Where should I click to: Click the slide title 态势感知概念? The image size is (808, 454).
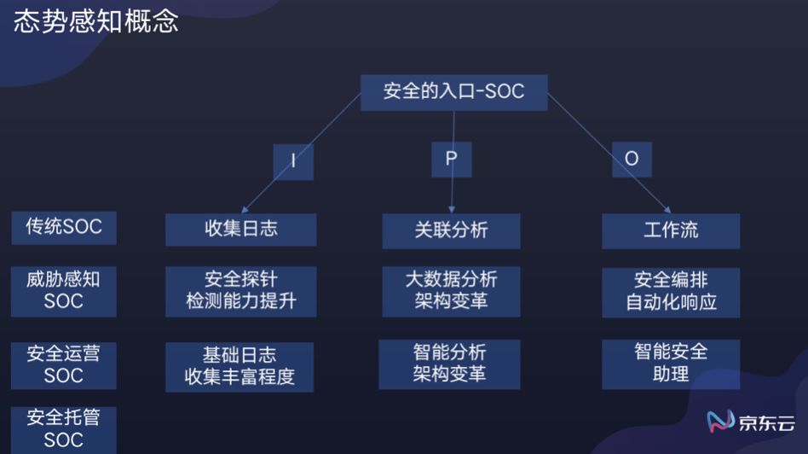pyautogui.click(x=95, y=21)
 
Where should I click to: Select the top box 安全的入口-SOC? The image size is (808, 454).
pyautogui.click(x=453, y=92)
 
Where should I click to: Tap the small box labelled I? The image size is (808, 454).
pyautogui.click(x=293, y=160)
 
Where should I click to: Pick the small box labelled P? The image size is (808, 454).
pyautogui.click(x=451, y=159)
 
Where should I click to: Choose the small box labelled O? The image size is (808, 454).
pyautogui.click(x=632, y=159)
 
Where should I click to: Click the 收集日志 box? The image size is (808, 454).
pyautogui.click(x=241, y=230)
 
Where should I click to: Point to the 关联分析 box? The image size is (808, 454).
pyautogui.click(x=451, y=230)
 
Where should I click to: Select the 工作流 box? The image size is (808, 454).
pyautogui.click(x=671, y=230)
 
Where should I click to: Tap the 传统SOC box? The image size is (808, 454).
pyautogui.click(x=64, y=227)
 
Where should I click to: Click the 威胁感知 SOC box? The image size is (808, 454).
pyautogui.click(x=64, y=290)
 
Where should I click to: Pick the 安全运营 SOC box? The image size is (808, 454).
pyautogui.click(x=64, y=364)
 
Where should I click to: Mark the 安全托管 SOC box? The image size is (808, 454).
pyautogui.click(x=64, y=429)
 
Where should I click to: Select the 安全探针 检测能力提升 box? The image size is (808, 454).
pyautogui.click(x=241, y=291)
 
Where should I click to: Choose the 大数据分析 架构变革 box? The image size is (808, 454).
pyautogui.click(x=451, y=291)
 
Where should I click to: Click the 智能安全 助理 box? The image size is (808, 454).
pyautogui.click(x=671, y=364)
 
